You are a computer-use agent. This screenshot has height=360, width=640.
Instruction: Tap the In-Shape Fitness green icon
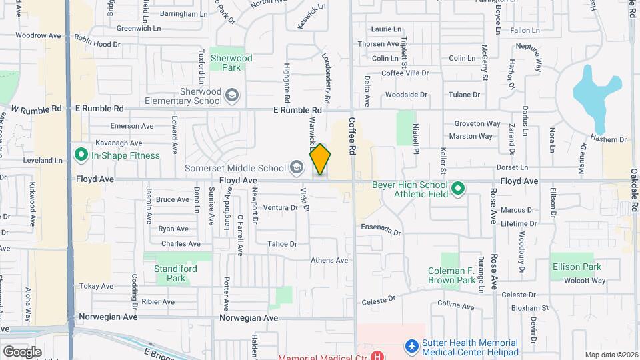click(x=81, y=155)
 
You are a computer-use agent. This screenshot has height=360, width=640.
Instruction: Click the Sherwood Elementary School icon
click(x=231, y=95)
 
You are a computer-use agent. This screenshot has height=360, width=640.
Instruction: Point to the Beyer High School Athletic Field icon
click(x=458, y=189)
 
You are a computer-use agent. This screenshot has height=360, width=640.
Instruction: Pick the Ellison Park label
click(x=577, y=267)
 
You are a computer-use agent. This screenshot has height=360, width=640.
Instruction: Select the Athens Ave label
click(x=329, y=260)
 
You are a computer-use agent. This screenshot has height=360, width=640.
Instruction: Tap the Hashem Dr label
click(x=613, y=140)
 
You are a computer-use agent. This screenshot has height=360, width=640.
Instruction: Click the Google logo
click(x=22, y=351)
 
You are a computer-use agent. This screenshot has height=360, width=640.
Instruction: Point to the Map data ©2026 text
click(x=611, y=355)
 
